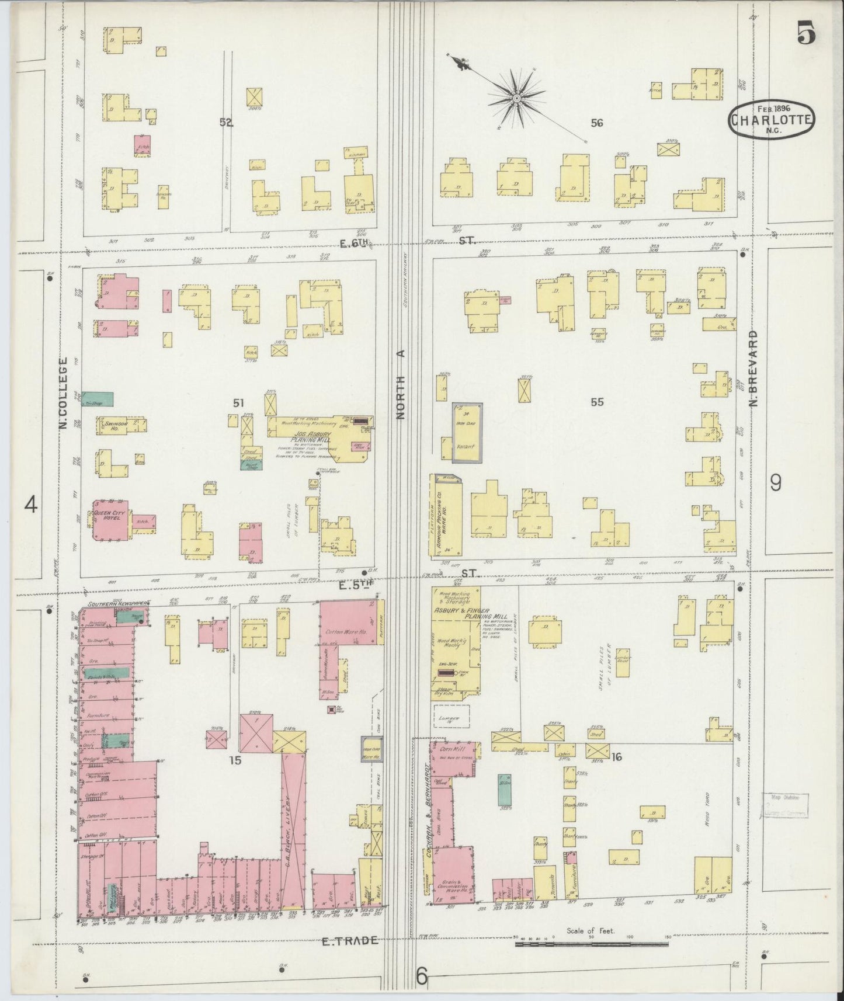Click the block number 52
[226, 122]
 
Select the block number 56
[596, 123]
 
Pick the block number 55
[596, 402]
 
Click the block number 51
[238, 402]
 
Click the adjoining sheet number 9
[775, 482]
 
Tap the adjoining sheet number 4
[31, 504]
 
